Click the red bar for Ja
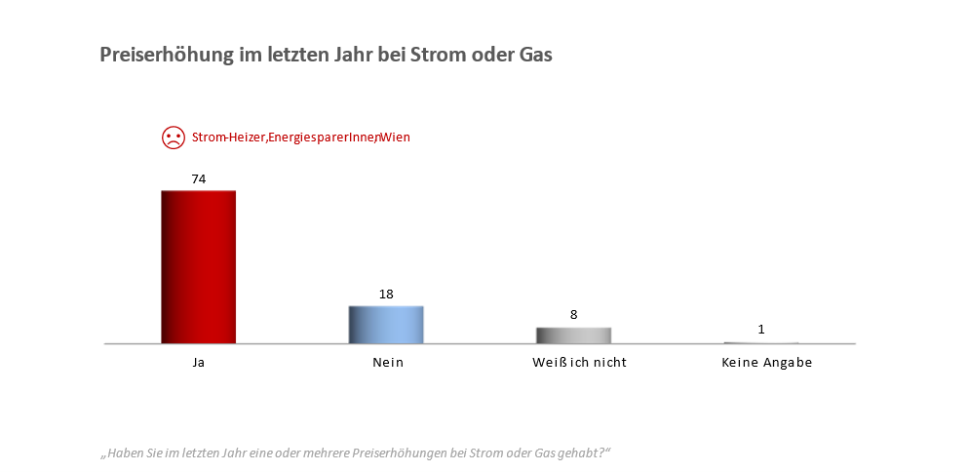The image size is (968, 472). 198,267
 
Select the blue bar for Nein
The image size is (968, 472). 386,325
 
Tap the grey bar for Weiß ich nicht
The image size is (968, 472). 573,335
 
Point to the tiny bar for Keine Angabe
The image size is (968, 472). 761,342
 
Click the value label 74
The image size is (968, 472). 198,178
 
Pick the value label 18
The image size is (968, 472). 386,294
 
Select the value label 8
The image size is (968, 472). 574,315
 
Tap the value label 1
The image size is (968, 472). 761,330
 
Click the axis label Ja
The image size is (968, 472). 198,363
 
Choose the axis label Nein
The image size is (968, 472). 386,363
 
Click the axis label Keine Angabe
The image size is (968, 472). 766,363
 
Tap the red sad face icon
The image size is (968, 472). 173,138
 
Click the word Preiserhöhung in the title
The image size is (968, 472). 166,56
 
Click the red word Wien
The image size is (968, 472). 395,138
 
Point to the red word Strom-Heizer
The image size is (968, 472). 228,138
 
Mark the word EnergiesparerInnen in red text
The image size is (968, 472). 322,138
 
